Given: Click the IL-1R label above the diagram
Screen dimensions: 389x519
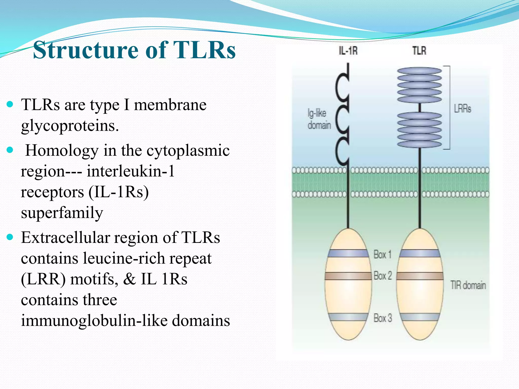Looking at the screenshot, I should (348, 51).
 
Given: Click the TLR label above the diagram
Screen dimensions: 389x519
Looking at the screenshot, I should (419, 51).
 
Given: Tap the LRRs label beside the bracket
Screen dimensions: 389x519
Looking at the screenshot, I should (462, 109).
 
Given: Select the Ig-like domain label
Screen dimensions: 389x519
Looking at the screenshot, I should (319, 119).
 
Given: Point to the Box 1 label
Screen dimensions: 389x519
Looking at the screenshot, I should (382, 255).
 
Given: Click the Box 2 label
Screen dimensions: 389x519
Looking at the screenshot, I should (383, 276).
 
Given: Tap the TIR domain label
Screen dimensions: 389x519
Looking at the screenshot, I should (468, 285).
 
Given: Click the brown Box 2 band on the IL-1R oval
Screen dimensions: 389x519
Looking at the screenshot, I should (348, 276).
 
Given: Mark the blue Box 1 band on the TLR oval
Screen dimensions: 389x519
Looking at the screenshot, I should (420, 254).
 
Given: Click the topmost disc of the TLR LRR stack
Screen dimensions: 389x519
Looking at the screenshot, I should (419, 71).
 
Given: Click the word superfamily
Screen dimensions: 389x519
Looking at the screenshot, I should (62, 213).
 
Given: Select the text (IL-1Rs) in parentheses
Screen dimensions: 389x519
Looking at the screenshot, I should (119, 192).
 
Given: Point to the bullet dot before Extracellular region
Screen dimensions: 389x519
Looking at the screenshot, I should (10, 237).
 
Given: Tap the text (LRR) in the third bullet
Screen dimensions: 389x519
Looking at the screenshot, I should (43, 279).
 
